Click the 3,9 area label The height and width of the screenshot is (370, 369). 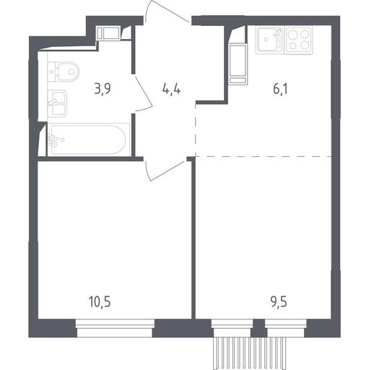(x=103, y=89)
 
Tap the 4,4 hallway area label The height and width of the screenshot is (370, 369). (x=171, y=90)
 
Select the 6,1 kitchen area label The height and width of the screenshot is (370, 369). (x=281, y=89)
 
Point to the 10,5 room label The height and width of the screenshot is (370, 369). (x=100, y=302)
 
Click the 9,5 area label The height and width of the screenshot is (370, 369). (x=279, y=302)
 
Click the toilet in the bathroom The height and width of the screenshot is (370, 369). (x=64, y=72)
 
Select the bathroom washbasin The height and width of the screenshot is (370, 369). (x=57, y=103)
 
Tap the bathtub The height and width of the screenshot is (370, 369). (x=89, y=139)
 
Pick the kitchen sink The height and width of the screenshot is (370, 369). (x=270, y=40)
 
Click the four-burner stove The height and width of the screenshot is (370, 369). (x=299, y=40)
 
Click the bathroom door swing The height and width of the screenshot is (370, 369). (x=144, y=93)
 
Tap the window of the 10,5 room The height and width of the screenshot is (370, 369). (x=115, y=328)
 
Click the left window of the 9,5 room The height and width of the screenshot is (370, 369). (x=232, y=328)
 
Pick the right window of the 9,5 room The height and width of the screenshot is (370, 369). (x=286, y=328)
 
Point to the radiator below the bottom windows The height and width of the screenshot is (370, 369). (x=250, y=353)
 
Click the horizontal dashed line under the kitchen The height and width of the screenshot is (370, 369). (x=264, y=157)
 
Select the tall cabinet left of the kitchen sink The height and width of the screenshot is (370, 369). (x=238, y=64)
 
